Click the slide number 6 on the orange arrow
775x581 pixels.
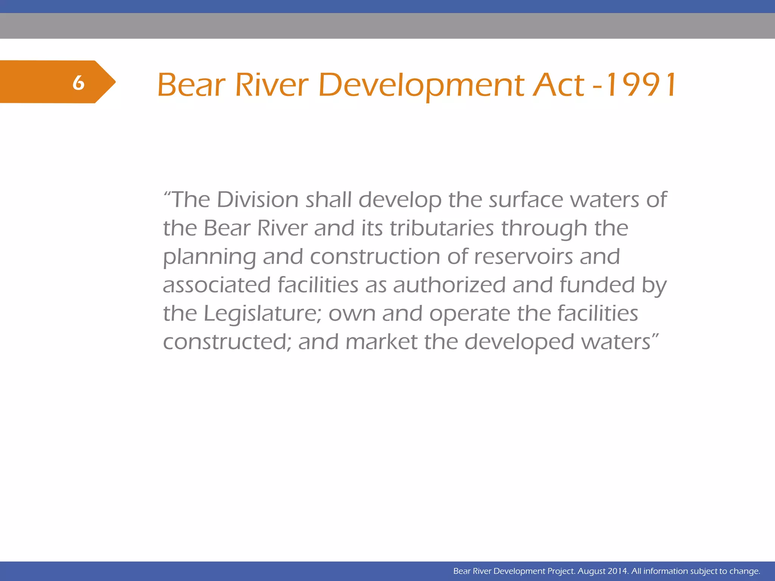point(78,82)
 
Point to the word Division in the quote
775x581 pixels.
point(258,199)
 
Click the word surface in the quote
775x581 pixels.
point(526,199)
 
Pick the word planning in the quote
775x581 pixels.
point(209,257)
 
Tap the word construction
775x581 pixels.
point(375,256)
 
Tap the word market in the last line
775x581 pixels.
point(381,342)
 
